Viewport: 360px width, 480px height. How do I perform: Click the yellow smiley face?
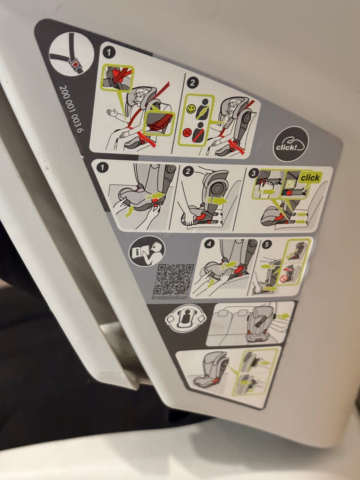click(x=190, y=109)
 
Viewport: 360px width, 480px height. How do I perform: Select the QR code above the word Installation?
click(x=174, y=279)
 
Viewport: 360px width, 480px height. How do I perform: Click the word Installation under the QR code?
click(x=169, y=297)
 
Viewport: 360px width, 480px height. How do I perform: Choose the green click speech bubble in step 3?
click(x=310, y=178)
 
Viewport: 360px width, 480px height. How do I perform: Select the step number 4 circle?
click(x=209, y=243)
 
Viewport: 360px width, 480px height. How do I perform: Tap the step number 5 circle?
click(x=267, y=244)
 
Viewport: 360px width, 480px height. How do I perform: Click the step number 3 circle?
click(x=253, y=173)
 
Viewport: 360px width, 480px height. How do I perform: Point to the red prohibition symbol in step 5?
click(x=283, y=279)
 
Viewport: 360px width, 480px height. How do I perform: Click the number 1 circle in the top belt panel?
click(x=109, y=53)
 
